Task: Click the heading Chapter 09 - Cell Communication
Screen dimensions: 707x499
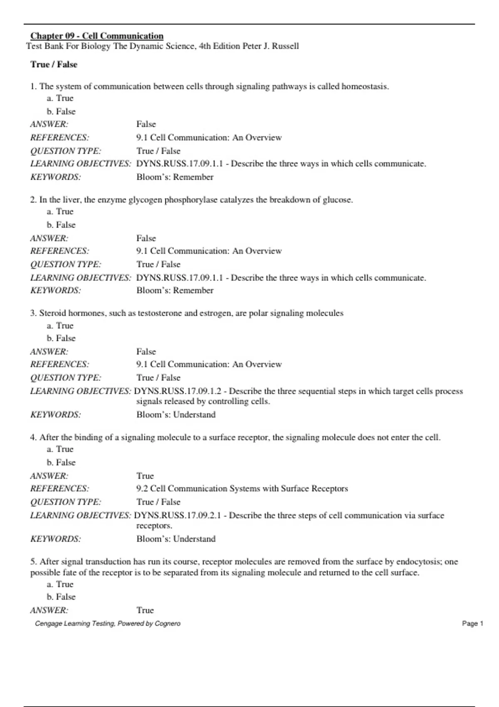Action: click(96, 36)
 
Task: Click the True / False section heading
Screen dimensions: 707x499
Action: click(54, 64)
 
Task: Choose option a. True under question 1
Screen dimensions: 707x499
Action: click(60, 98)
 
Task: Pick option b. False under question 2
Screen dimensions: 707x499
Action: click(61, 225)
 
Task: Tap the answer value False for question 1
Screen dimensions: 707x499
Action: click(146, 124)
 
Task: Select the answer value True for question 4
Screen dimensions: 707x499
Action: click(145, 476)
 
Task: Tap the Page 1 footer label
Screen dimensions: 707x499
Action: click(472, 623)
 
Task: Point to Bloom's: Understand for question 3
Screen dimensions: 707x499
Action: click(176, 415)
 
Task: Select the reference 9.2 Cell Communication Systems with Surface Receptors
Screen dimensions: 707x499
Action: click(242, 489)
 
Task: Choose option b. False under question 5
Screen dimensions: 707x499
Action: click(61, 597)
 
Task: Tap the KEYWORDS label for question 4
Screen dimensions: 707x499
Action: click(56, 539)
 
